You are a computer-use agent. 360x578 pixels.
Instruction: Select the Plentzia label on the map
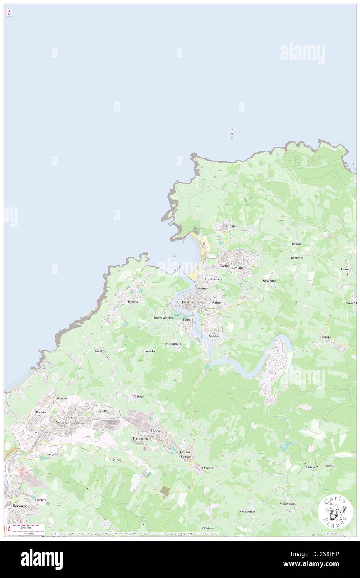[x=187, y=302]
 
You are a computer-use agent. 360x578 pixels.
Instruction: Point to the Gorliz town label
[x=224, y=265]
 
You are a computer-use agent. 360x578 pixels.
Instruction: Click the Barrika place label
[x=133, y=301]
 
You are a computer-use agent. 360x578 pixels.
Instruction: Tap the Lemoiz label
[x=345, y=269]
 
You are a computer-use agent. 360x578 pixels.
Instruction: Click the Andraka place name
[x=325, y=337]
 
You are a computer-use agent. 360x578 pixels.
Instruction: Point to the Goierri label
[x=99, y=351]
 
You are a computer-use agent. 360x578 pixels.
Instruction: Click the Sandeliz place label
[x=149, y=351]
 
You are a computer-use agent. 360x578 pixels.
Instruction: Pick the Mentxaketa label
[x=288, y=504]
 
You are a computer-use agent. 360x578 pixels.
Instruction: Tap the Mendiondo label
[x=247, y=511]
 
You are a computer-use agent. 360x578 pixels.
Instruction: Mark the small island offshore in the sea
[x=232, y=133]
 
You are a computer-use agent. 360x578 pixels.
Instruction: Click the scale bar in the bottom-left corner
[x=28, y=527]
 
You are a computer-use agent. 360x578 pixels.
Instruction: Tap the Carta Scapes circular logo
[x=335, y=512]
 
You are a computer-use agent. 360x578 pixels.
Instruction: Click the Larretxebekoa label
[x=163, y=317]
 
